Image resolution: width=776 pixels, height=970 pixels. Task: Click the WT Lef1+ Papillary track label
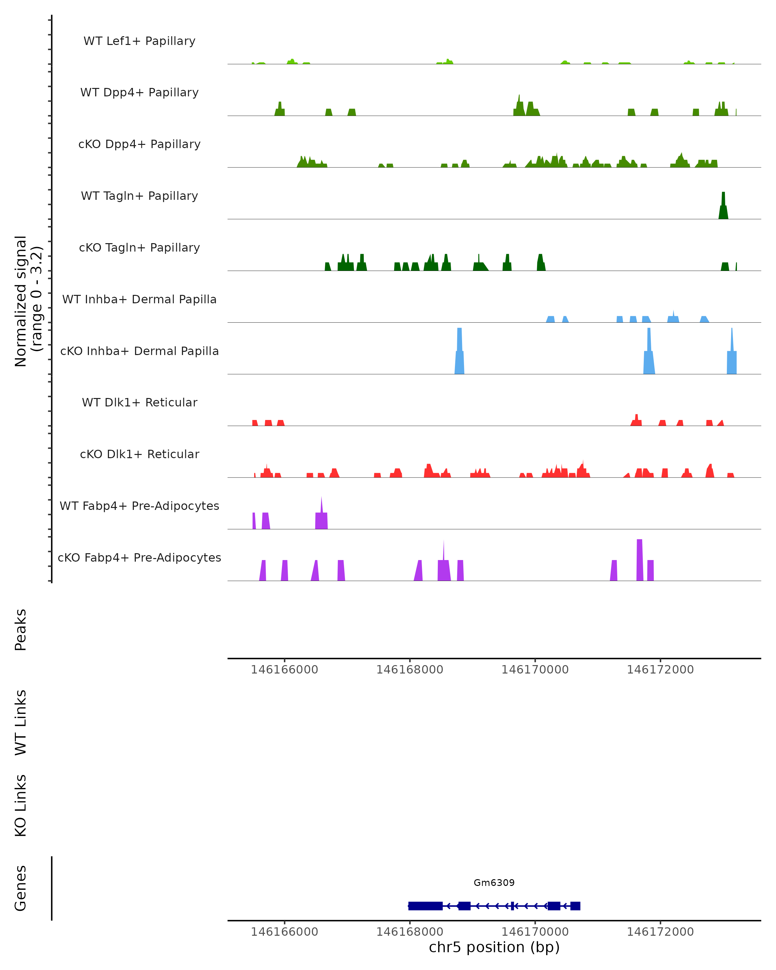139,41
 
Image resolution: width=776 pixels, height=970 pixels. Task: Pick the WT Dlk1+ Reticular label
139,403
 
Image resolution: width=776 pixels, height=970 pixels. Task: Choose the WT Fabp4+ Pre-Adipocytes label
139,506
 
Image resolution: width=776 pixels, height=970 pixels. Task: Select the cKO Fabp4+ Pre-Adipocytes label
139,557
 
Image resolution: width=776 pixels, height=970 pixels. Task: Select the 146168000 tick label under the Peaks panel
409,670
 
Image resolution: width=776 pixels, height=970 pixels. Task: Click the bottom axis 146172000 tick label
660,932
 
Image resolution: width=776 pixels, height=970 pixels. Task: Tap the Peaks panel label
21,630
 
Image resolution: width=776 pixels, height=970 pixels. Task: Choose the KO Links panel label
21,805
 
